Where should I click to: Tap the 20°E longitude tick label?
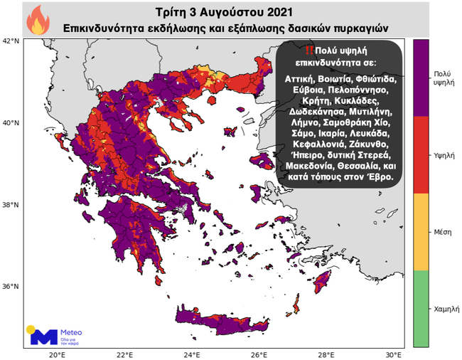pos(57,354)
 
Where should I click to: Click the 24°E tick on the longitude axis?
pos(192,354)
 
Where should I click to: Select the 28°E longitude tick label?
pos(327,354)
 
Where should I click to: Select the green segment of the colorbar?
pos(421,308)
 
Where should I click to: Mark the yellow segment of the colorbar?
pos(421,231)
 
